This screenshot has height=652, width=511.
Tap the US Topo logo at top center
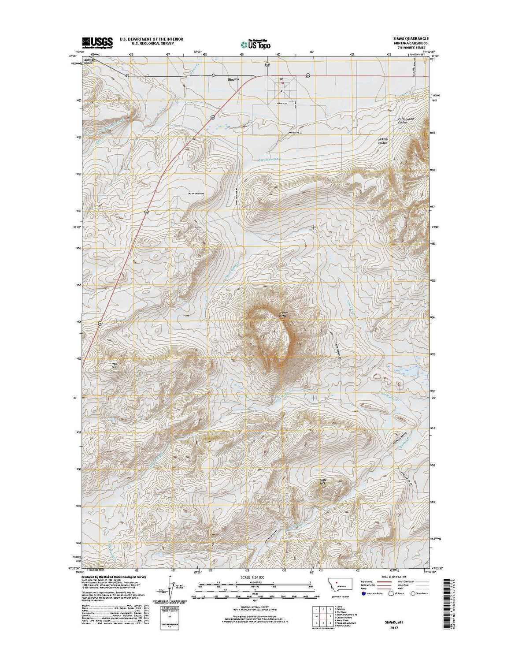tap(255, 43)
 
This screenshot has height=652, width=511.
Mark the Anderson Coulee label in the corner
tap(90, 60)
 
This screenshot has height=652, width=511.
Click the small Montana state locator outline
tap(341, 586)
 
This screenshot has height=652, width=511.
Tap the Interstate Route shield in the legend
tap(363, 593)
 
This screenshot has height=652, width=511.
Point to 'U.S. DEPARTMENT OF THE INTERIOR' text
tap(151, 39)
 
